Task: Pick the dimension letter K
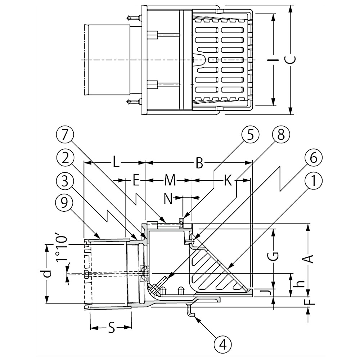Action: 227,181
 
